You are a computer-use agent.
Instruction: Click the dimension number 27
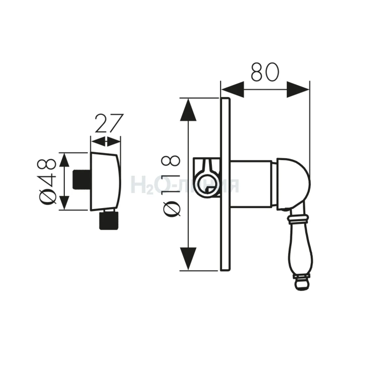109,123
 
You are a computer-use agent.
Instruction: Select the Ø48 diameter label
47,181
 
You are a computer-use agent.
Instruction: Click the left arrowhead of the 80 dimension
232,89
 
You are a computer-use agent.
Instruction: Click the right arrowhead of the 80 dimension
298,89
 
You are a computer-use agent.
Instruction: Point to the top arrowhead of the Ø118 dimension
188,110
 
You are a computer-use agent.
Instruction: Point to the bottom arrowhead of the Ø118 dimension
188,258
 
